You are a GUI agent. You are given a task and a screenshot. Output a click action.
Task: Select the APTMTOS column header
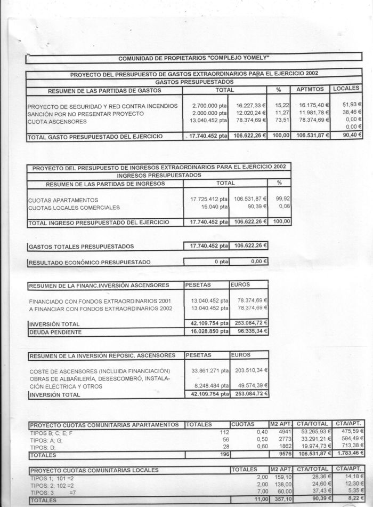[311, 90]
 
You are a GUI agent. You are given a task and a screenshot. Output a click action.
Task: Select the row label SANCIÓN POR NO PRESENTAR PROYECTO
[86, 114]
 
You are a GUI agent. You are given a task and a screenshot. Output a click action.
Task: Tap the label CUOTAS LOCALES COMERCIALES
[74, 207]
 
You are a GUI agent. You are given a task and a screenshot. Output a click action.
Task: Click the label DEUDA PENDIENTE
[55, 332]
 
